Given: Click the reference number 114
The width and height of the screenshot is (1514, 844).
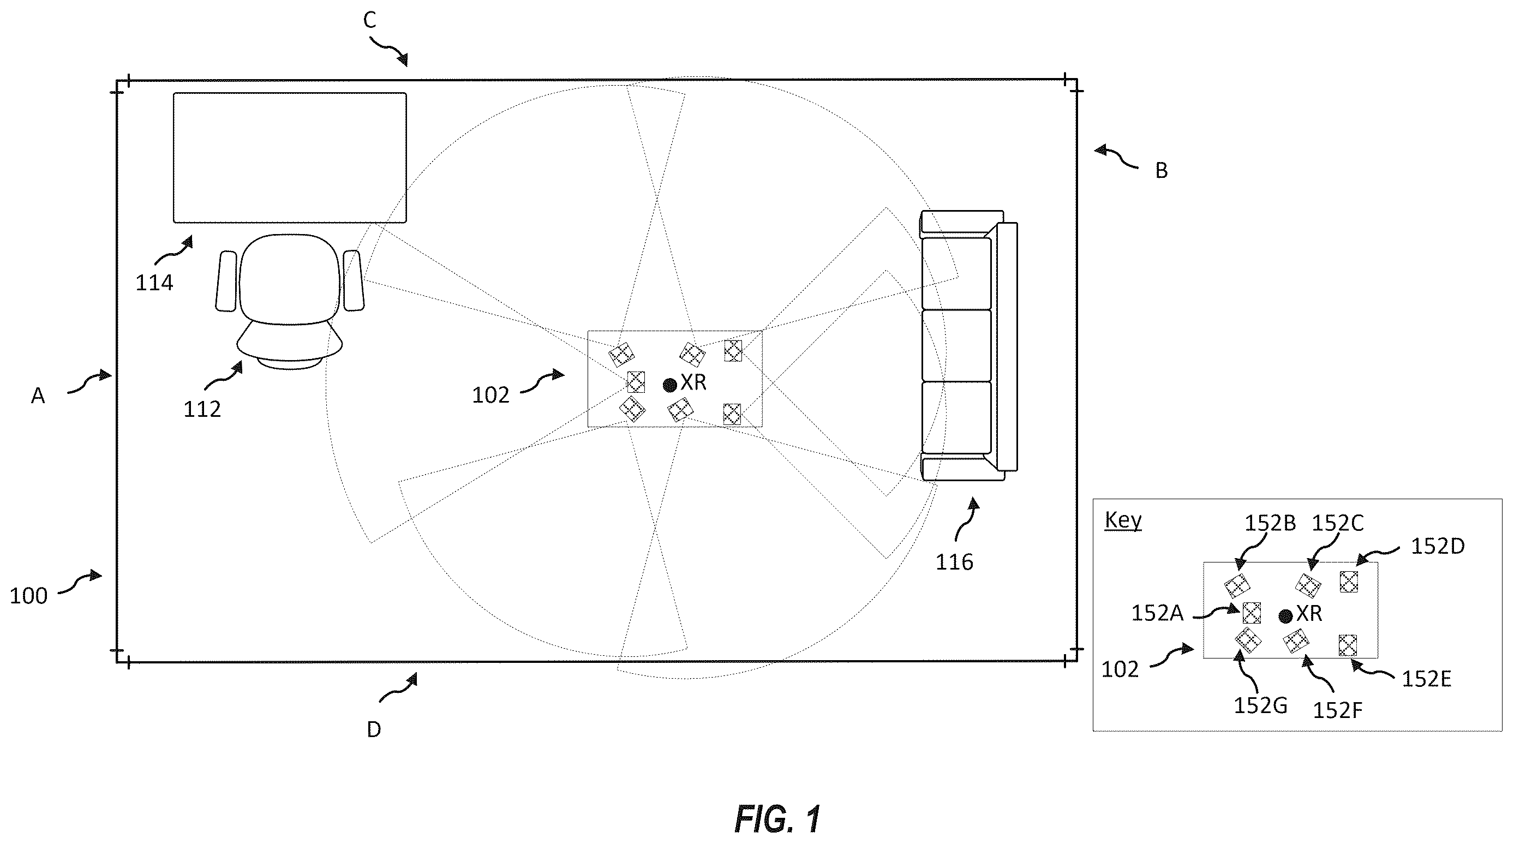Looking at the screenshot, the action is [154, 283].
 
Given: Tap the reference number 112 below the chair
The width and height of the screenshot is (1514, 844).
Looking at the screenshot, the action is [202, 409].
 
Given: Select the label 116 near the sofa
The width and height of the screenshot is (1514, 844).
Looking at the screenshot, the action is [954, 562].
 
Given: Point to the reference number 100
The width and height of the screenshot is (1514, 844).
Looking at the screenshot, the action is [28, 596].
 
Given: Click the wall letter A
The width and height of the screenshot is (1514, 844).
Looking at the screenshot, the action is [38, 396].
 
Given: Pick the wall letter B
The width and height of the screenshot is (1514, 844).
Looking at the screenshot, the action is [1162, 170].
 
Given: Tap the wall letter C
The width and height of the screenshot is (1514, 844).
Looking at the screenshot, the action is [370, 21].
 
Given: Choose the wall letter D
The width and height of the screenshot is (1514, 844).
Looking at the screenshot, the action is [374, 729].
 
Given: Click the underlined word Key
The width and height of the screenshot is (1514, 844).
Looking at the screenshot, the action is [1123, 520].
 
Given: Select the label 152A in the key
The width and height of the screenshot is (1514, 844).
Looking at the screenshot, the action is [1157, 614].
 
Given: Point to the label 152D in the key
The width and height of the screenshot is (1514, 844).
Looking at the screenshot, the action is [1438, 547].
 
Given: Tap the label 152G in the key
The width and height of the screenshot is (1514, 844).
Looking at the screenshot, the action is [1261, 705].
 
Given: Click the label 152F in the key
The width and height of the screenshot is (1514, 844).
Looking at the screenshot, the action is [1338, 710].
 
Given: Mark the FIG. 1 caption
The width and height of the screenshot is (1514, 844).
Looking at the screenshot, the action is [777, 819].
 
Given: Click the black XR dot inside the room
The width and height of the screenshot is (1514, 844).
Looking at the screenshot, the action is [669, 385].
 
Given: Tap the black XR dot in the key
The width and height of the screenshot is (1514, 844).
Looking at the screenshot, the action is [1286, 616].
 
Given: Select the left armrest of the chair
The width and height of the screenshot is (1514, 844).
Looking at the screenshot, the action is [226, 281].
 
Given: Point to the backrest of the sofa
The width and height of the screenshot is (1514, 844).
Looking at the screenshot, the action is [1008, 347].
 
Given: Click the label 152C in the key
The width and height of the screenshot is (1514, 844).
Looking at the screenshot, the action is [1338, 523].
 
